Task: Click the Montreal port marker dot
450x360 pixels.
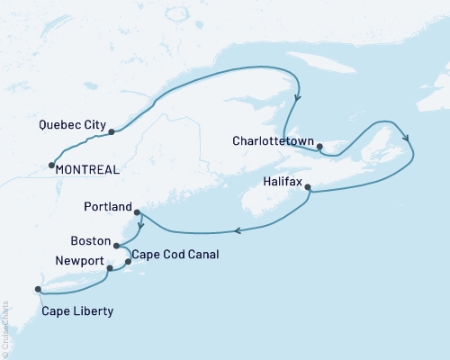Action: (x=51, y=164)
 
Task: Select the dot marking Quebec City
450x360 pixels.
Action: (x=112, y=132)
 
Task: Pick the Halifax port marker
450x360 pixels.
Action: (x=309, y=187)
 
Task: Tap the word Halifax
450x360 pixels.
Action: (x=279, y=181)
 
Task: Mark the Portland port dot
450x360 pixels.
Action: (x=137, y=212)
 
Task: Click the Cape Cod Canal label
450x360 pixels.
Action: (x=175, y=255)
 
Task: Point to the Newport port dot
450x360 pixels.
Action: (x=110, y=268)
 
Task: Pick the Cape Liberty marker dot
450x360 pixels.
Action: (x=38, y=289)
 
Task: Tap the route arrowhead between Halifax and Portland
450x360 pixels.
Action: (x=238, y=231)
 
